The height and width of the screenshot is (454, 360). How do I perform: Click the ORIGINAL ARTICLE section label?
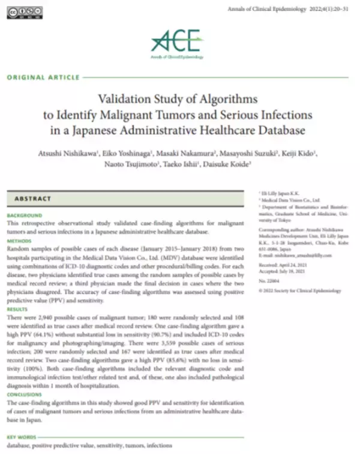pos(43,78)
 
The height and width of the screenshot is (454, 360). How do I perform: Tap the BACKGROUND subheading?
pos(25,215)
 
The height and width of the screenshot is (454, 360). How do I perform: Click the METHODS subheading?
pos(19,240)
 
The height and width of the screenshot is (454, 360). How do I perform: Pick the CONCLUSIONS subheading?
pos(25,395)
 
